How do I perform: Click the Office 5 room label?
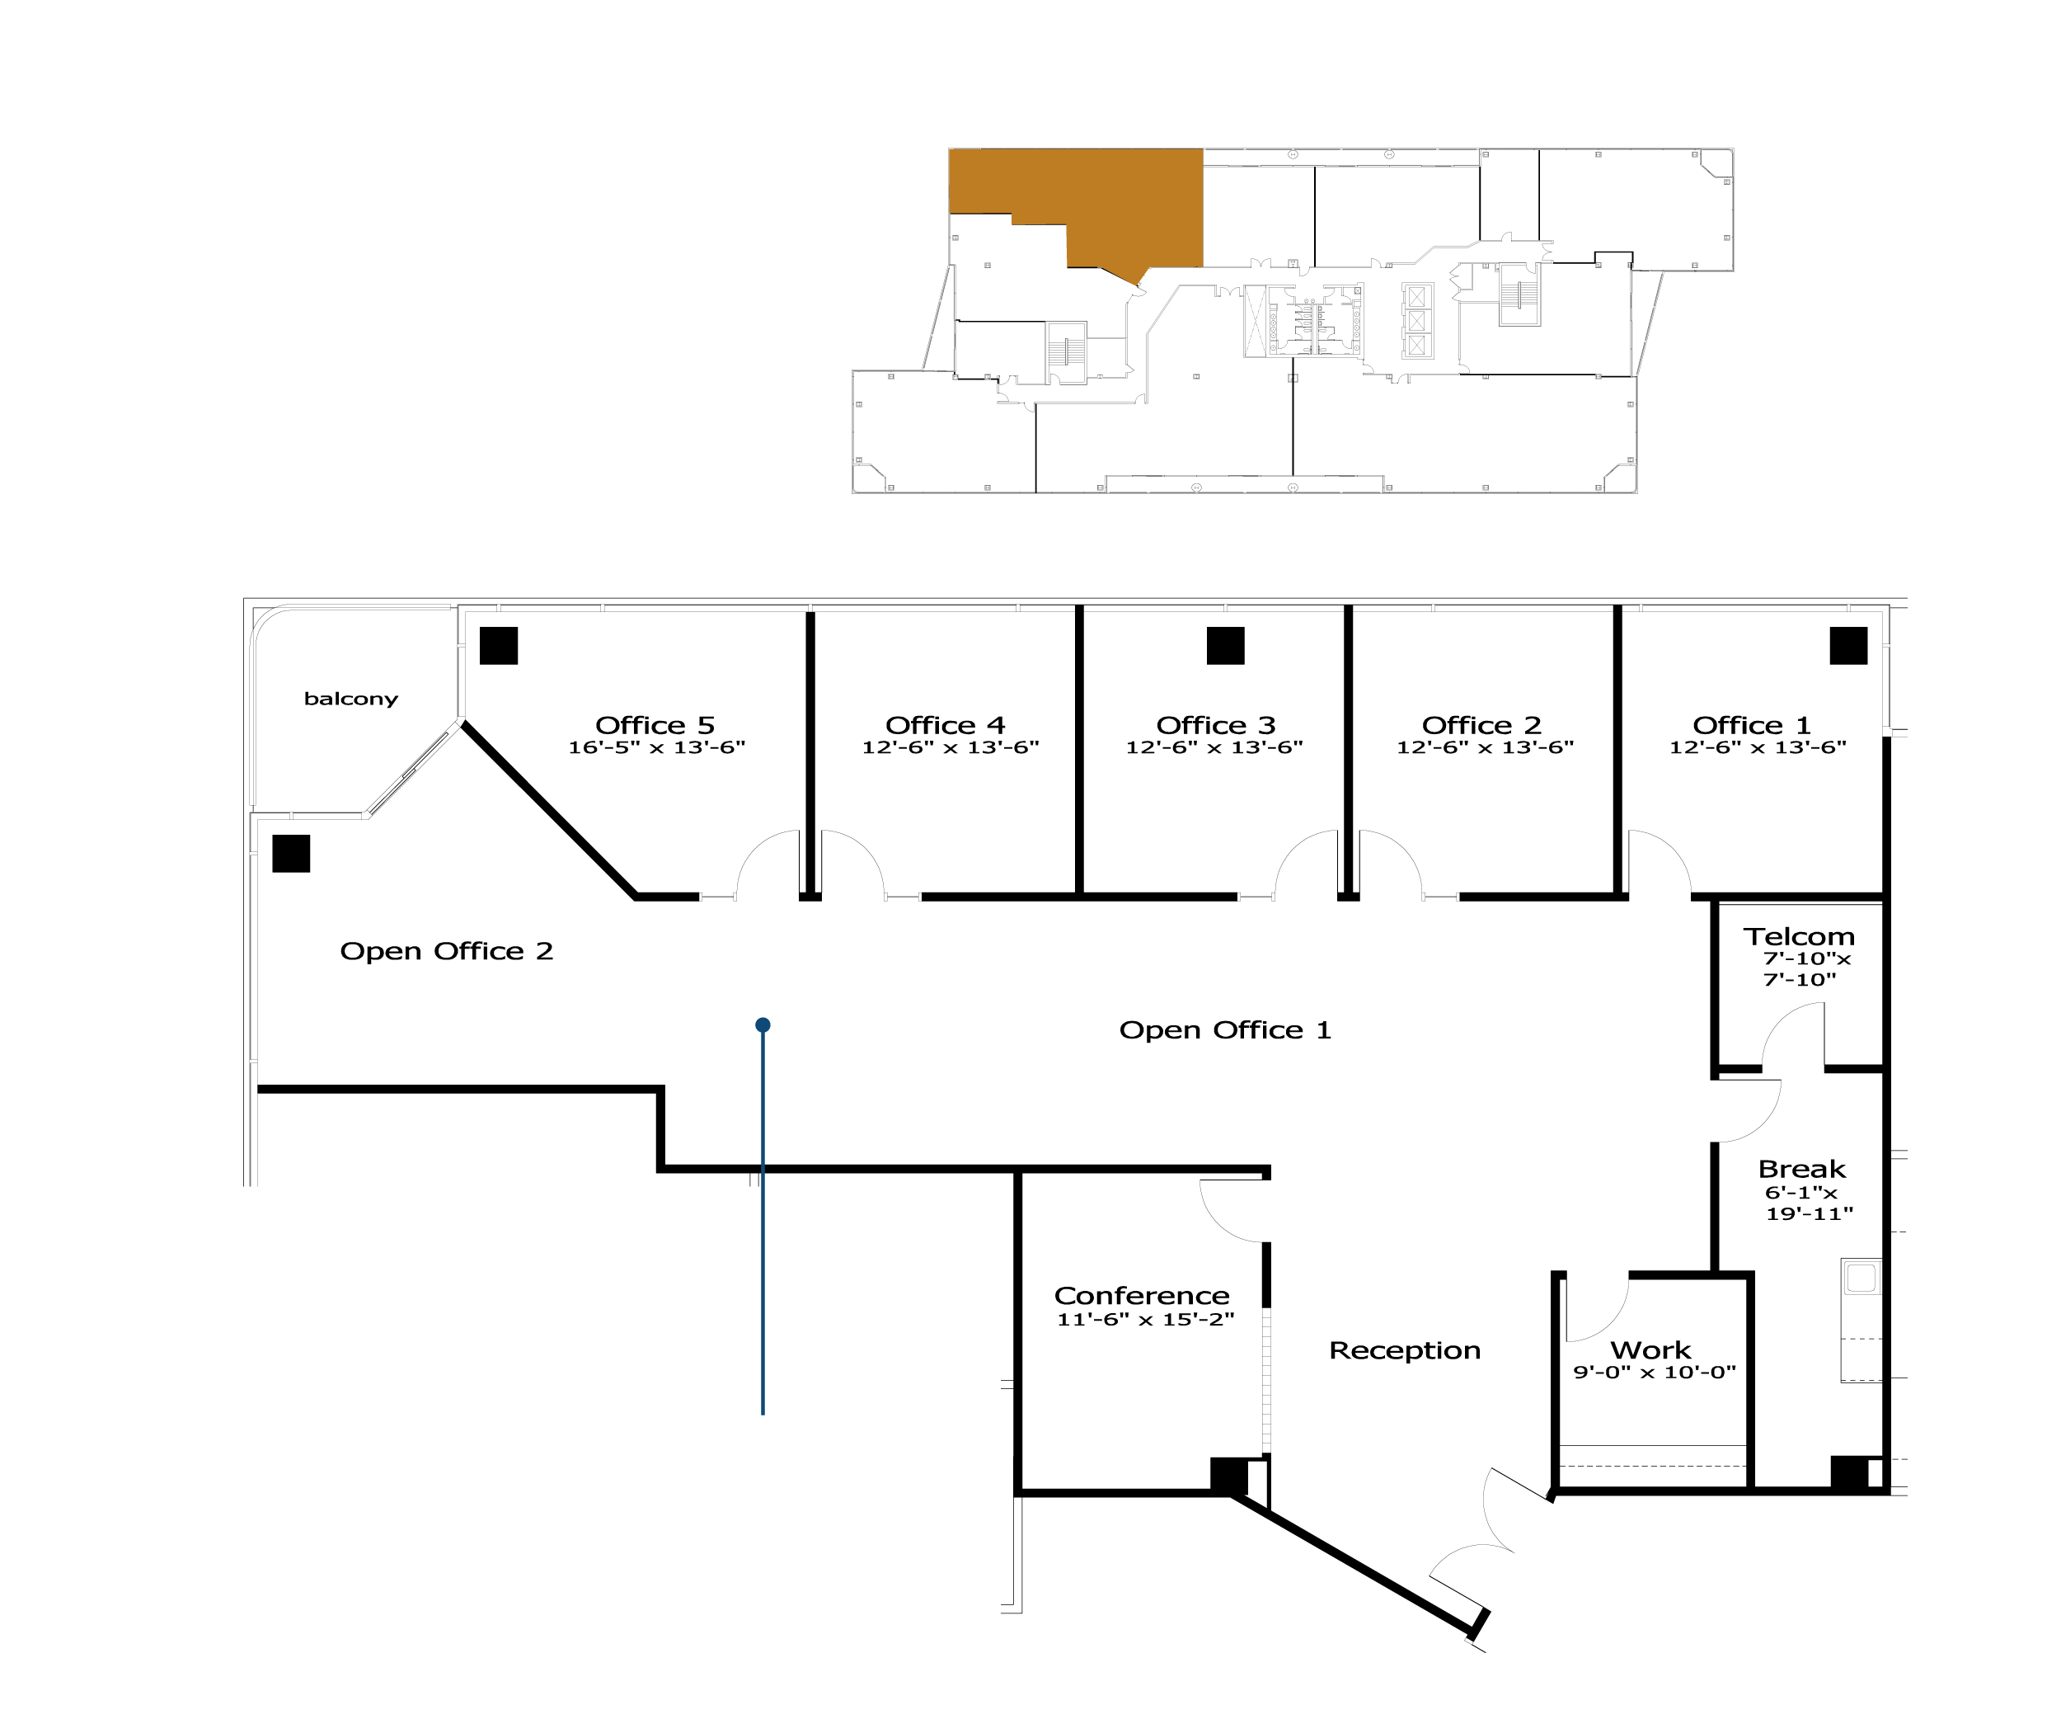(655, 726)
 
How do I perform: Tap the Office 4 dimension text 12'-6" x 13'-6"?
(950, 748)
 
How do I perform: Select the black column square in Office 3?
(1225, 646)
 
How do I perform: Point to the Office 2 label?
(1481, 726)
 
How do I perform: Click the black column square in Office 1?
(1848, 646)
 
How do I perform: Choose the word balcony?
(351, 699)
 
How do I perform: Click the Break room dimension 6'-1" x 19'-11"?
(1809, 1203)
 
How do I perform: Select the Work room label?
(1650, 1351)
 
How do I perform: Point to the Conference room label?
(1142, 1296)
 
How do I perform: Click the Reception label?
(1405, 1351)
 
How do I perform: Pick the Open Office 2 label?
(447, 951)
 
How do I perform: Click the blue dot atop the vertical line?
(763, 1025)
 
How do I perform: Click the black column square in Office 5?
(499, 646)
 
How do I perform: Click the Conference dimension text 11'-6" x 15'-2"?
(1145, 1320)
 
